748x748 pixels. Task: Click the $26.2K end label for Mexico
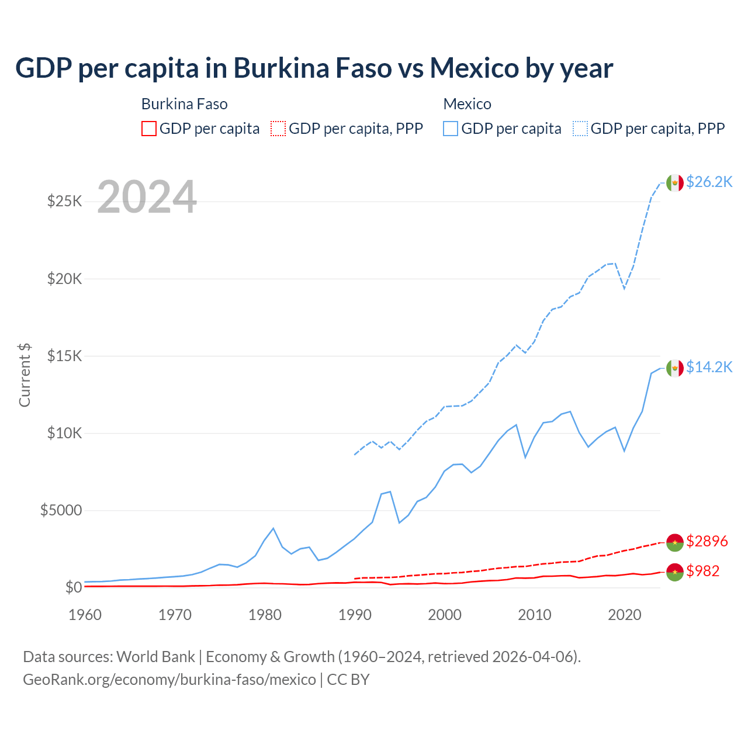pyautogui.click(x=709, y=182)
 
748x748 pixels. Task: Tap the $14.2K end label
pyautogui.click(x=709, y=367)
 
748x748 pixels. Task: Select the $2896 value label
pyautogui.click(x=707, y=541)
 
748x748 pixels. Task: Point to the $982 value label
pyautogui.click(x=702, y=571)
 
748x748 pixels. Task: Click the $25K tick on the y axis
pyautogui.click(x=64, y=202)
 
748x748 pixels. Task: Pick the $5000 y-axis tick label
pyautogui.click(x=61, y=510)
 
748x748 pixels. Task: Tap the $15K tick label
pyautogui.click(x=64, y=356)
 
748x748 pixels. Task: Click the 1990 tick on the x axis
pyautogui.click(x=355, y=615)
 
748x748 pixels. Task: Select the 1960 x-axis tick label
pyautogui.click(x=85, y=615)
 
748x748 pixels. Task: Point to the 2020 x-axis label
pyautogui.click(x=625, y=615)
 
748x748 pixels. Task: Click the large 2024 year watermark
pyautogui.click(x=147, y=197)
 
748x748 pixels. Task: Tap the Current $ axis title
pyautogui.click(x=25, y=375)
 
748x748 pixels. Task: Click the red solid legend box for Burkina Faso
pyautogui.click(x=149, y=129)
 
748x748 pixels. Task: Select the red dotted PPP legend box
pyautogui.click(x=278, y=129)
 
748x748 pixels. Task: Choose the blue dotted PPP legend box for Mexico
pyautogui.click(x=580, y=129)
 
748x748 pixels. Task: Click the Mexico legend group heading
pyautogui.click(x=467, y=104)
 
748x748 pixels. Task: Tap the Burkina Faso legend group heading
pyautogui.click(x=184, y=104)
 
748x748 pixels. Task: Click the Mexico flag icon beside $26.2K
pyautogui.click(x=675, y=182)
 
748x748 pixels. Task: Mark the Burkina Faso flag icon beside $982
pyautogui.click(x=675, y=572)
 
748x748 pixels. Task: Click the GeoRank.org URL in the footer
pyautogui.click(x=169, y=680)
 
